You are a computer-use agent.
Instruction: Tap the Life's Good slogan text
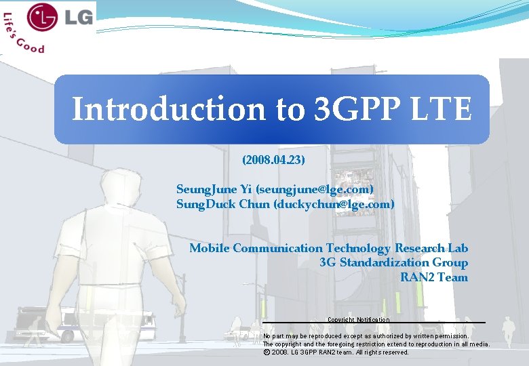(x=23, y=38)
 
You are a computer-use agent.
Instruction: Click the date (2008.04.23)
(x=273, y=161)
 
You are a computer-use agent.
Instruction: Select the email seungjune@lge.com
(x=315, y=188)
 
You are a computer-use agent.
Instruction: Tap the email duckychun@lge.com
(x=333, y=203)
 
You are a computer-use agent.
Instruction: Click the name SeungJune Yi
(x=214, y=188)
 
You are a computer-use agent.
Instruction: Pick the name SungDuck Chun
(x=222, y=203)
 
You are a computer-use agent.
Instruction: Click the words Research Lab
(x=431, y=248)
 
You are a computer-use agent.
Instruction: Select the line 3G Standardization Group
(x=393, y=262)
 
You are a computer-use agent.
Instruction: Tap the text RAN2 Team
(x=433, y=277)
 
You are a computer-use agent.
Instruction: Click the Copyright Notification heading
(x=358, y=319)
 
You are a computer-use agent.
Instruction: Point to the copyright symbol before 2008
(x=266, y=352)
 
